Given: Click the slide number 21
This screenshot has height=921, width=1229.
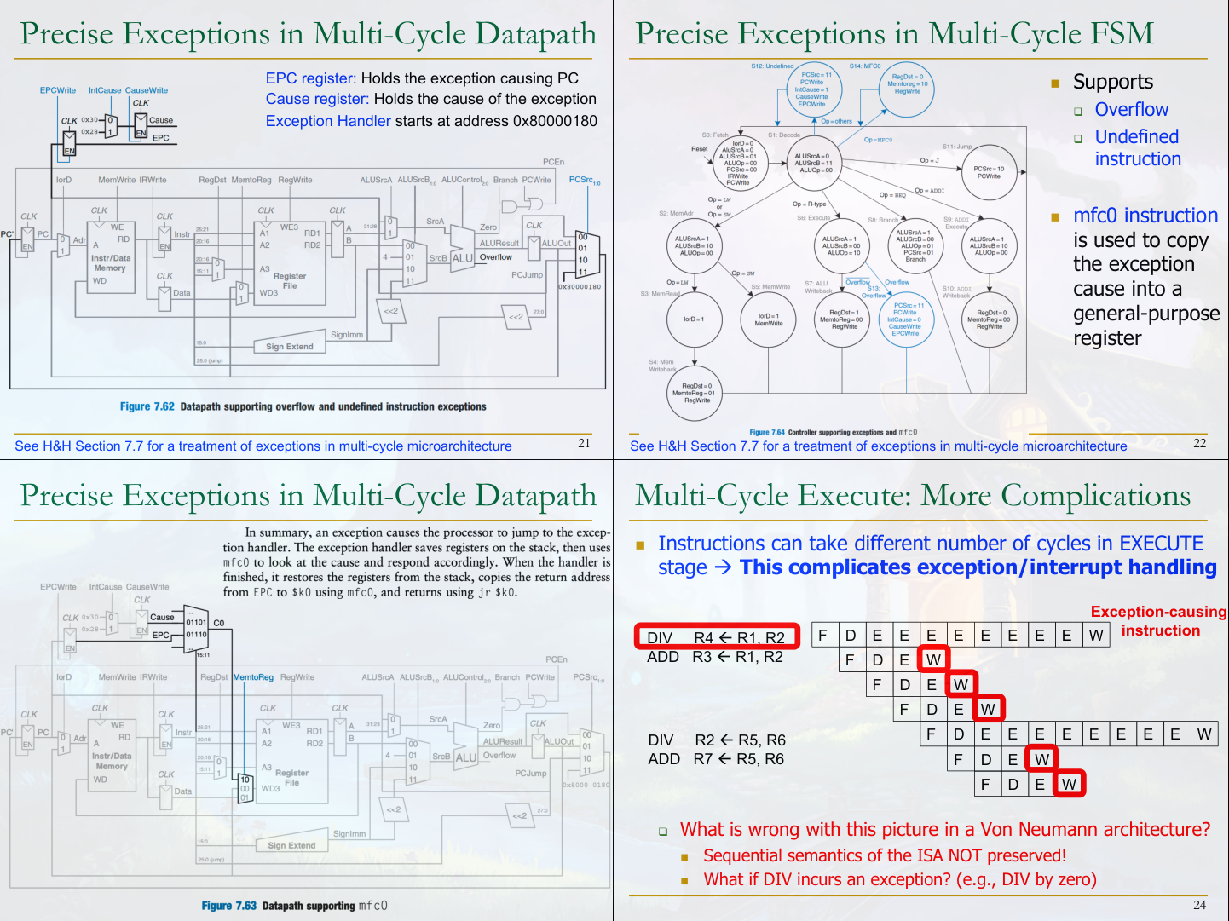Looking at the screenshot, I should click(x=584, y=443).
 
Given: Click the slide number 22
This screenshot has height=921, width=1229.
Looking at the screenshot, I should click(x=1199, y=443).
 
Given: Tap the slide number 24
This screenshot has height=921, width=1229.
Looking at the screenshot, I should click(x=1199, y=905).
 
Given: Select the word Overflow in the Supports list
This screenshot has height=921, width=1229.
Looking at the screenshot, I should click(x=1131, y=110).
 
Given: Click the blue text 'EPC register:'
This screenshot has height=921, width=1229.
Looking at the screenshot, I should click(x=310, y=78).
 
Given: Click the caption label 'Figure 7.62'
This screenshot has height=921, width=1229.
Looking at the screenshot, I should click(x=147, y=407).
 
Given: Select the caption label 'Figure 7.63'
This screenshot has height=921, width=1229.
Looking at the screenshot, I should click(x=228, y=906).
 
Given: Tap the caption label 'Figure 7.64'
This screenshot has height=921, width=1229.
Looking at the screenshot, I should click(x=767, y=433).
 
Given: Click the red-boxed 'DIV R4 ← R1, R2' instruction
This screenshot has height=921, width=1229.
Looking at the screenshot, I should click(x=716, y=637).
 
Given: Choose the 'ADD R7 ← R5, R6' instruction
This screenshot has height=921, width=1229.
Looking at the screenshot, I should click(x=715, y=759).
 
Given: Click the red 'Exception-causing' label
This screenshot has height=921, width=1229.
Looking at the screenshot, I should click(x=1158, y=612).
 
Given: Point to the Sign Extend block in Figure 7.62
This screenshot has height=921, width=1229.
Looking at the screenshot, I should click(x=290, y=347).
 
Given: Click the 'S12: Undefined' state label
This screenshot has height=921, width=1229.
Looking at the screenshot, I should click(x=772, y=66).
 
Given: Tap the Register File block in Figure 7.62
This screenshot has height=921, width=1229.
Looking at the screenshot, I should click(x=290, y=281).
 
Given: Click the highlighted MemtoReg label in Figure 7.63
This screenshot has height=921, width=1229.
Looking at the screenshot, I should click(x=253, y=677).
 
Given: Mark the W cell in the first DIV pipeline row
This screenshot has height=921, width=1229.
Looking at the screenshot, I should click(x=1096, y=635).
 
